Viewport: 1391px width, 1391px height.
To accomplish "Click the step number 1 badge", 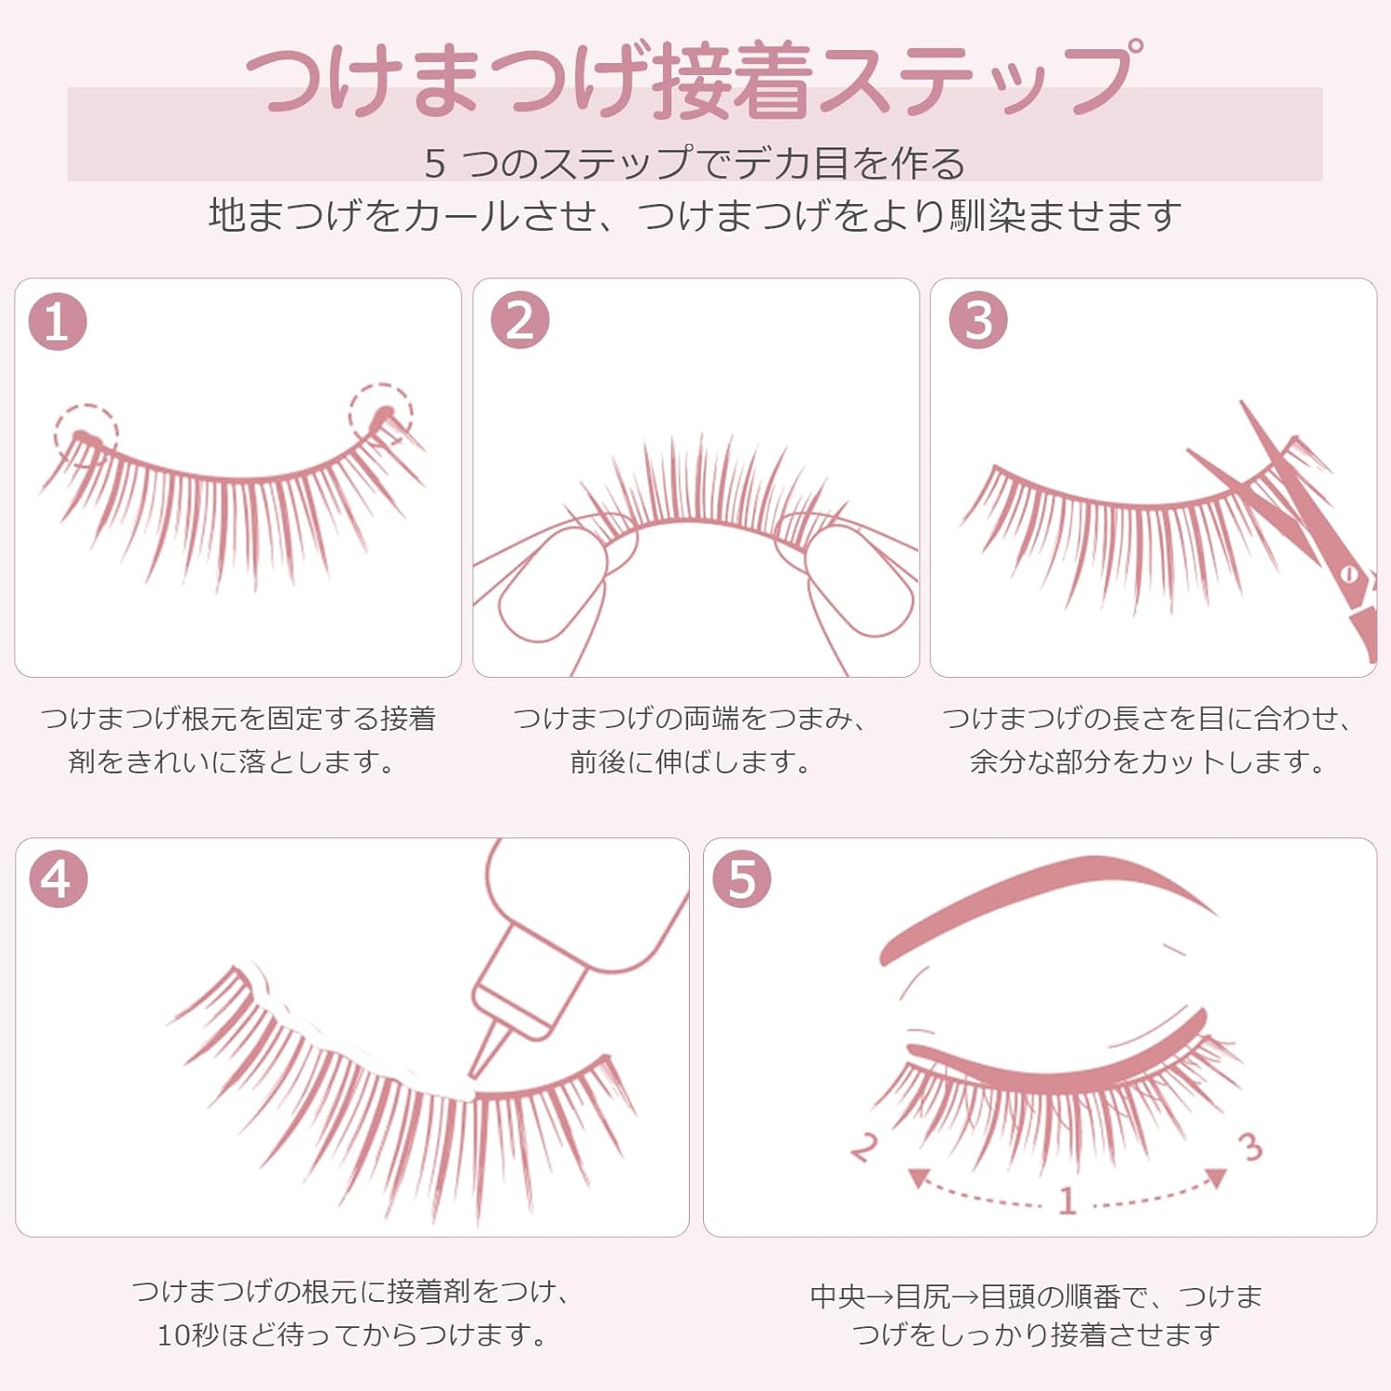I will point(57,322).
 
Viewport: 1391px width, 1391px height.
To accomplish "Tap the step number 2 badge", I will point(519,320).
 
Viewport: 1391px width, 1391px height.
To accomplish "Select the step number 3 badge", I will point(977,320).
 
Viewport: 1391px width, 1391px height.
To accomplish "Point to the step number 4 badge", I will point(57,878).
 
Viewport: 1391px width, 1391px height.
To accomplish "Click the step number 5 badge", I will point(741,878).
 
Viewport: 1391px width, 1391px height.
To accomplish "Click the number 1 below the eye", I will point(1067,1200).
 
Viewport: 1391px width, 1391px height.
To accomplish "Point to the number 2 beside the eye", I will point(863,1147).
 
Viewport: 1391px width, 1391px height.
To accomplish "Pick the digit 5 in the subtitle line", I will point(435,164).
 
